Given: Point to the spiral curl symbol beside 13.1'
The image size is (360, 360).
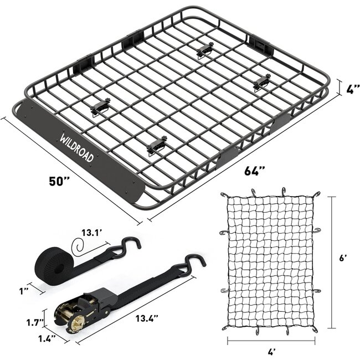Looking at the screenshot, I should [78, 246].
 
